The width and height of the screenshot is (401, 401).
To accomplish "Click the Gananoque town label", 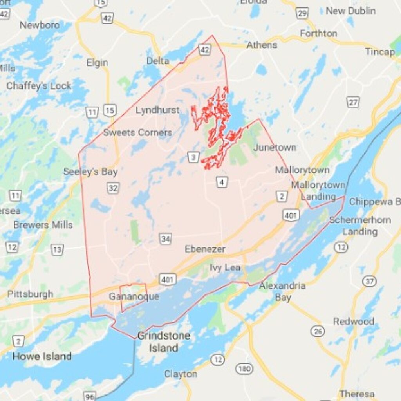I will coord(134,297).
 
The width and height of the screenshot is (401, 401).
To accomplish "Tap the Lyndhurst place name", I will coord(157,110).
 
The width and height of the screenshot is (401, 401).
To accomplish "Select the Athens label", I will coord(262,45).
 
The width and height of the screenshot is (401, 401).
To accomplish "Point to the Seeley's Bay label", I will coord(90,172).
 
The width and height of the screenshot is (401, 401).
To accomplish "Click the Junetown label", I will coord(275,148).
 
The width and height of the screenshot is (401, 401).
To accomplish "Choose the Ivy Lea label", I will coord(225,268).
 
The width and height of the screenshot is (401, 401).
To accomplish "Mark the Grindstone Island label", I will coord(164,341).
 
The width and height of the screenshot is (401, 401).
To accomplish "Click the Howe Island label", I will coord(42,356).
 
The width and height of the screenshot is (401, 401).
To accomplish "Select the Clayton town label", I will coord(181,374).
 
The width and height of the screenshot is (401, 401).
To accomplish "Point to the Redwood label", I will coord(354,322).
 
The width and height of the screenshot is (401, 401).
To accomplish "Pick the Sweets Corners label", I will coord(137,133).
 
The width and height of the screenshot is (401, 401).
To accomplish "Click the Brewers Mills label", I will coord(43,225).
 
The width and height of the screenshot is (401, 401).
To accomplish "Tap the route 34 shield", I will coord(165,238).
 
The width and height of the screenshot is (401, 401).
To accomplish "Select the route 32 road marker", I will coord(113,188).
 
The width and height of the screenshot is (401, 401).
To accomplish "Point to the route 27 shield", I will coord(353,103).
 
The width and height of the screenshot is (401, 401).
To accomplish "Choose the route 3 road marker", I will coord(193,157).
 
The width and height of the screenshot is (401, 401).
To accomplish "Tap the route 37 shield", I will coord(369,281).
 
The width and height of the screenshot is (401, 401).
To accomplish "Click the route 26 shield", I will coord(318,331).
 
